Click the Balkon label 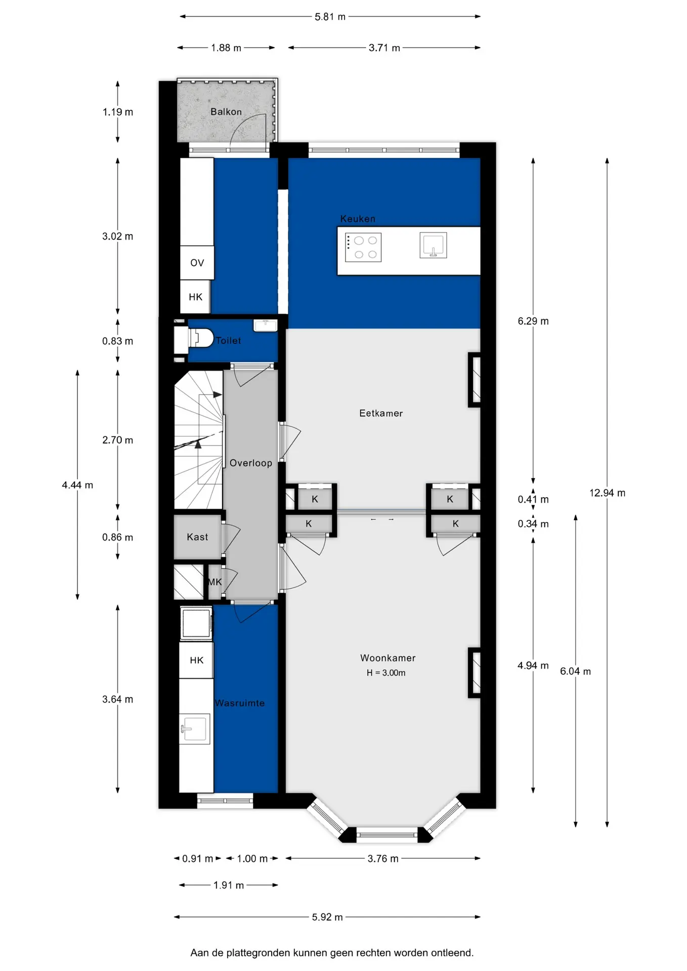pos(226,112)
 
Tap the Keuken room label pos(358,219)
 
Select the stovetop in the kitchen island pos(363,247)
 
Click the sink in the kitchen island pos(433,245)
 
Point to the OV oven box pos(197,262)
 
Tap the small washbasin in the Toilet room pos(266,325)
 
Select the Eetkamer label pos(381,414)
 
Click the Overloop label pos(251,463)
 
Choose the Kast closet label pos(197,537)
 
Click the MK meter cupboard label pos(215,582)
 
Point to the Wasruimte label pos(240,703)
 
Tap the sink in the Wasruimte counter pos(195,729)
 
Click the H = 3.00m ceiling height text pos(386,673)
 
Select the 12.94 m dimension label pos(607,493)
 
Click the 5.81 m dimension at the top pos(330,17)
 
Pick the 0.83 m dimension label pos(117,341)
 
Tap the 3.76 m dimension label pos(383,859)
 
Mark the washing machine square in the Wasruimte pos(196,623)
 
